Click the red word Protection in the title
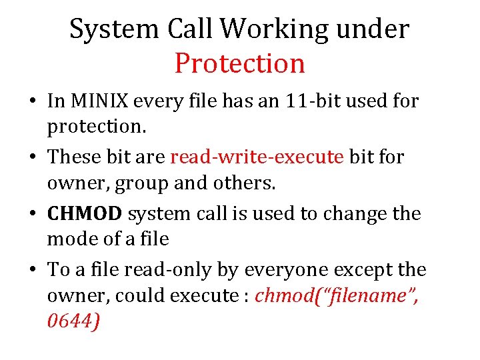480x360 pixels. pos(240,63)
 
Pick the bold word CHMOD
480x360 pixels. pos(85,213)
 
